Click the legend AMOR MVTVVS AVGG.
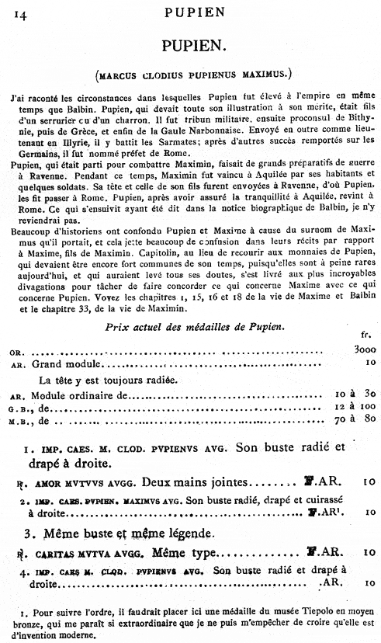pyautogui.click(x=64, y=481)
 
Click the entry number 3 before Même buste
pyautogui.click(x=28, y=534)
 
